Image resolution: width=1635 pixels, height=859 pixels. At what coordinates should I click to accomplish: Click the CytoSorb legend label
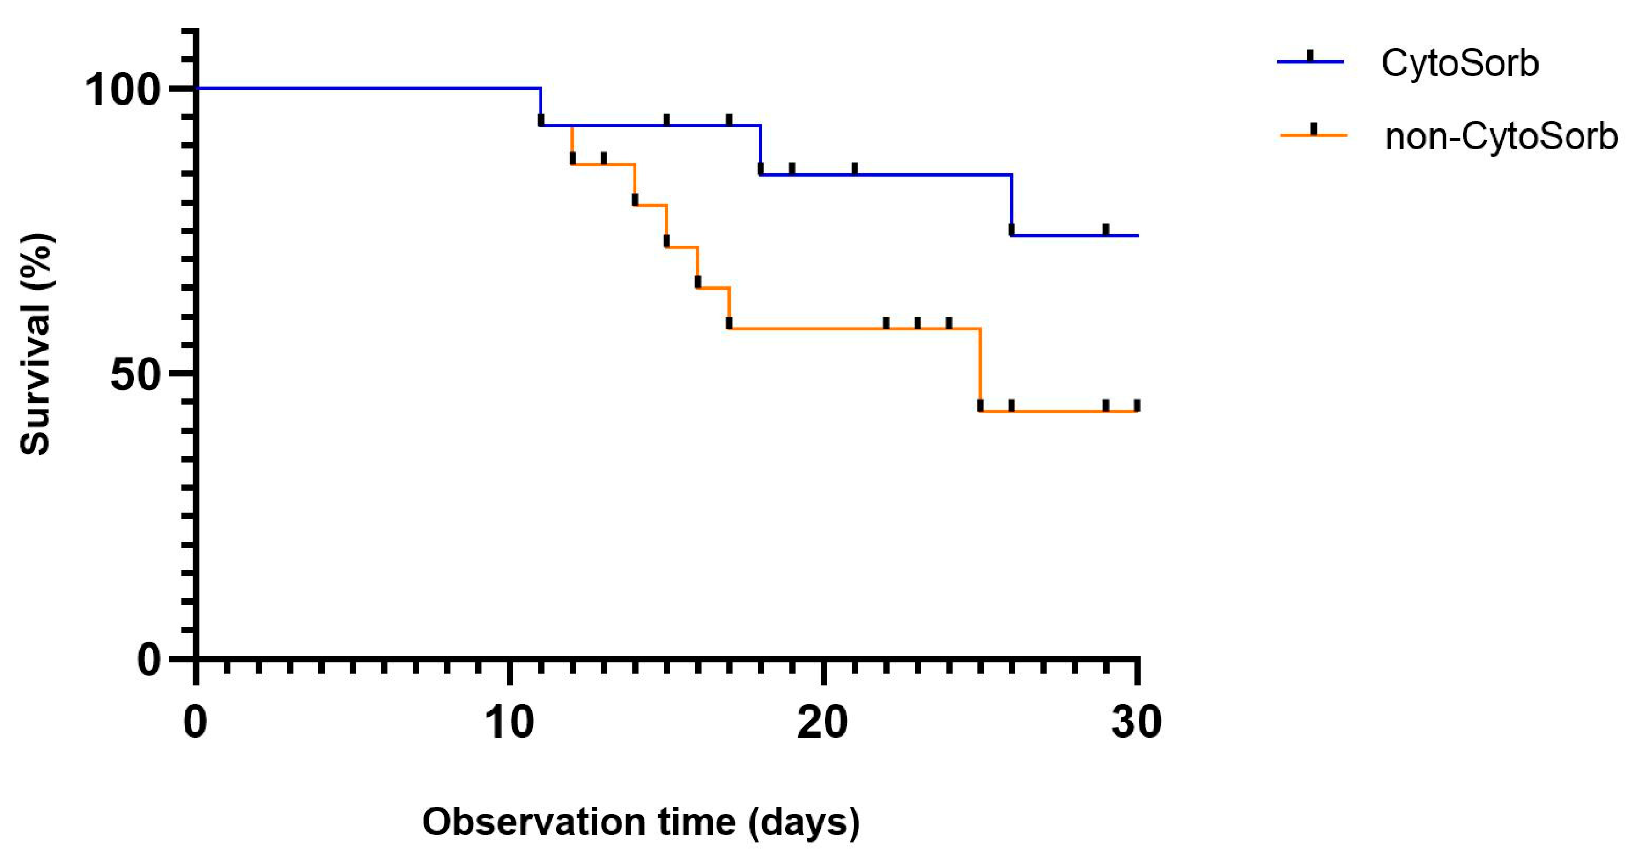click(1459, 63)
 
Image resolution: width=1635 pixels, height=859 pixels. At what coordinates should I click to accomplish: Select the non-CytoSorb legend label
click(1501, 136)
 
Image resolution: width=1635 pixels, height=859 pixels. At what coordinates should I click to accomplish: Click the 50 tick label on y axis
click(134, 374)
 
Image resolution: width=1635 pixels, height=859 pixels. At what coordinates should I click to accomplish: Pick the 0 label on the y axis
click(148, 660)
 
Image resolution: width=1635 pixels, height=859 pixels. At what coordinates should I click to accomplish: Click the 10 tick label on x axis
click(509, 723)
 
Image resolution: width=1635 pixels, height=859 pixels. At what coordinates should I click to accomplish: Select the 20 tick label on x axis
click(822, 723)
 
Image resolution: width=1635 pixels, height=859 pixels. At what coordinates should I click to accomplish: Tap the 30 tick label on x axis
click(1136, 723)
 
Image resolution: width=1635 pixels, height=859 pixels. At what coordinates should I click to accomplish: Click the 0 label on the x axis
click(195, 723)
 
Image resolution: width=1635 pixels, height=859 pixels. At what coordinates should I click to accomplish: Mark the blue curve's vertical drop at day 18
click(761, 150)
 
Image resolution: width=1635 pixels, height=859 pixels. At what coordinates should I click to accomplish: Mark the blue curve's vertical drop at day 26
click(1012, 204)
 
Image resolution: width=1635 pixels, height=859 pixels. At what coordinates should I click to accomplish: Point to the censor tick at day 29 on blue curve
click(1106, 229)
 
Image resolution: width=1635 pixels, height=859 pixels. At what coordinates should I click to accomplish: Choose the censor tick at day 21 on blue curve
click(854, 168)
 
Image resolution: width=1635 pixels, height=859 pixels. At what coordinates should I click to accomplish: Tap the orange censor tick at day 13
click(604, 158)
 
